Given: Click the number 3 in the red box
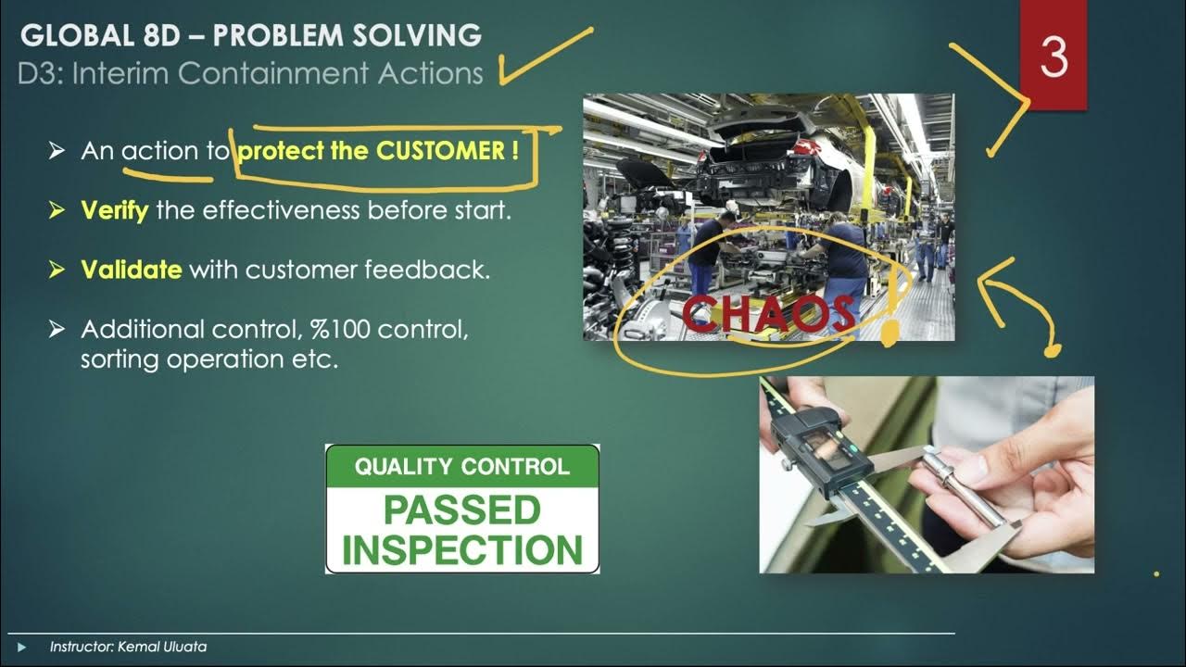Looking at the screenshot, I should [x=1054, y=57].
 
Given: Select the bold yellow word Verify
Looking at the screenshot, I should [x=114, y=210].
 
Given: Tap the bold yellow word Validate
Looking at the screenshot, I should [x=131, y=270].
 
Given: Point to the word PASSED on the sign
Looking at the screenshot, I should [x=461, y=510].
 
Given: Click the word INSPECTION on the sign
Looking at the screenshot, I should [x=461, y=549].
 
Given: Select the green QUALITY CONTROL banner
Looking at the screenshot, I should [x=461, y=466].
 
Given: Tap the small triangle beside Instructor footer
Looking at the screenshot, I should [x=22, y=647].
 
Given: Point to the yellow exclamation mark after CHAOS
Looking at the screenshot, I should [x=890, y=315].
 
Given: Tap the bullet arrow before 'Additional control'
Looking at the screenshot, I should [x=57, y=330].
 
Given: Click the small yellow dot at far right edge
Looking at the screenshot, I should [x=1156, y=574].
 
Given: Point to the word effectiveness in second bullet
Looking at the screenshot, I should [x=282, y=210].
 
